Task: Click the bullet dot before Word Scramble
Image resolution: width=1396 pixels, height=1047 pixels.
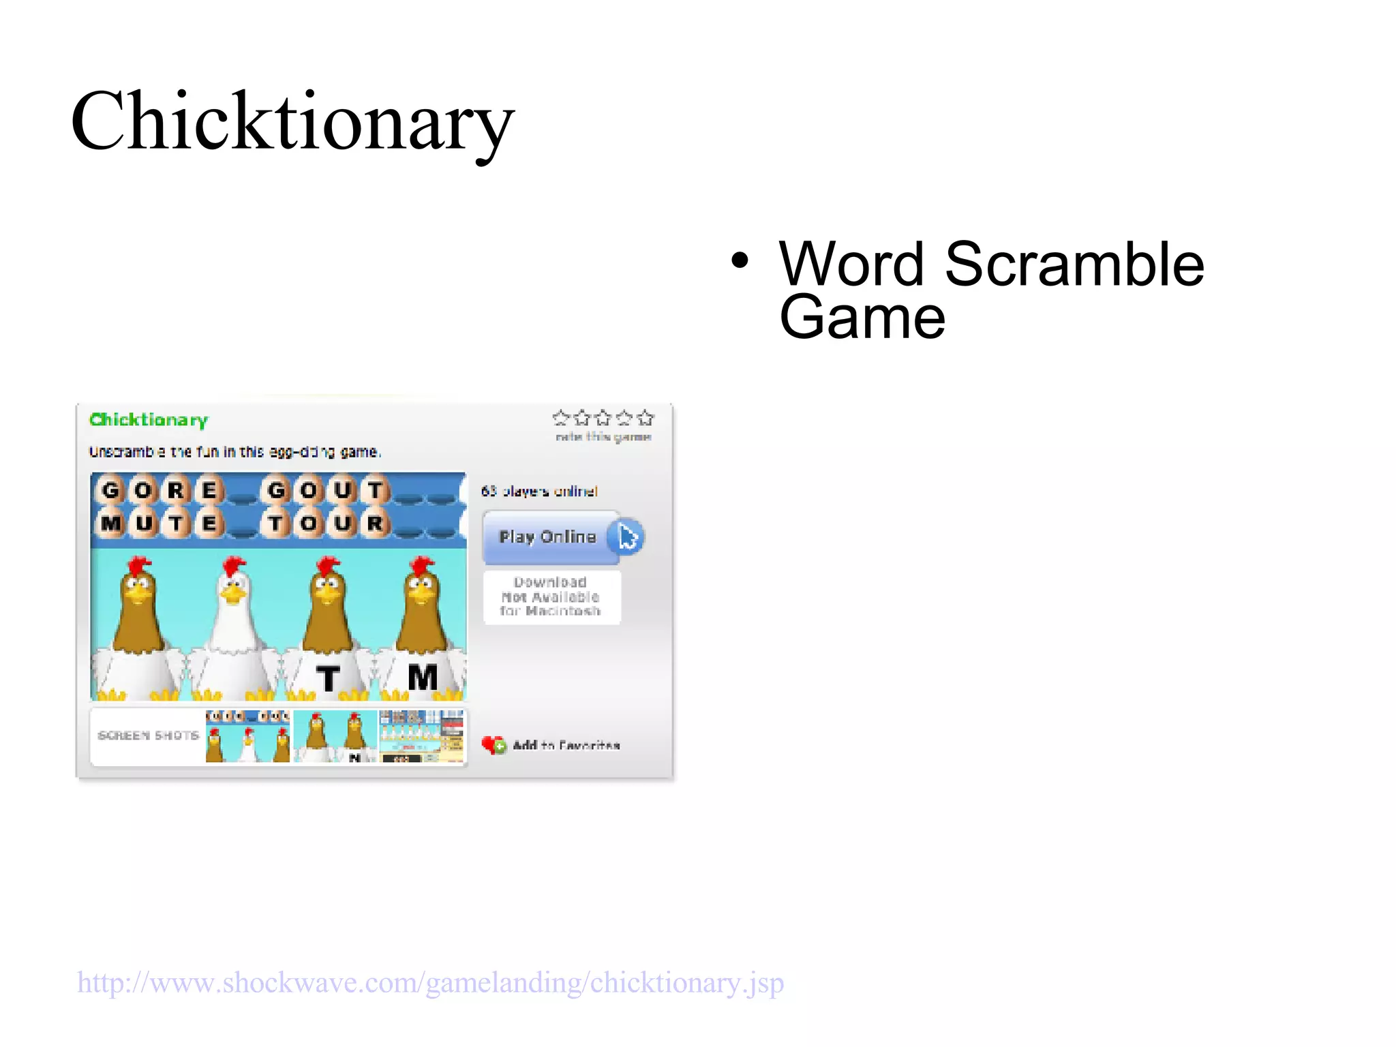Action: pos(740,260)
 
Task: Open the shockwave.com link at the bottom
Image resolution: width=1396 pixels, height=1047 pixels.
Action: pos(430,983)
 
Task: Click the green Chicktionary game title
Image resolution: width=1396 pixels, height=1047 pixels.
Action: pos(149,420)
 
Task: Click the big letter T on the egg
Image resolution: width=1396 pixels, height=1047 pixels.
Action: pos(328,678)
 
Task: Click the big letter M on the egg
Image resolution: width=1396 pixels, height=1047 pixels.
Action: pos(423,678)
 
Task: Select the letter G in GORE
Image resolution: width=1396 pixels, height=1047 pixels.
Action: pos(110,490)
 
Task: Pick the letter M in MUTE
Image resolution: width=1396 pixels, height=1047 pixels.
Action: pos(110,523)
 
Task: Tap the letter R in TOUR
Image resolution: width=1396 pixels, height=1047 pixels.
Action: pos(375,523)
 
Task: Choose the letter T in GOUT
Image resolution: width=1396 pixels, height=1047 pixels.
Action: pos(375,490)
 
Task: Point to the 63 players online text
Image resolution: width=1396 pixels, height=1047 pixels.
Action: pos(539,491)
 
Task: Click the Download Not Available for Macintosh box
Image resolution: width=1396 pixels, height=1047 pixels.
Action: pos(551,596)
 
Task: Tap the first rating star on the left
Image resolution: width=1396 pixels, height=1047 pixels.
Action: pos(561,417)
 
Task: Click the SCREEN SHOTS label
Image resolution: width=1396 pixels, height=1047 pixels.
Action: pos(148,735)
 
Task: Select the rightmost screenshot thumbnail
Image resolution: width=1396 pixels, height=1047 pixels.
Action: pos(422,736)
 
